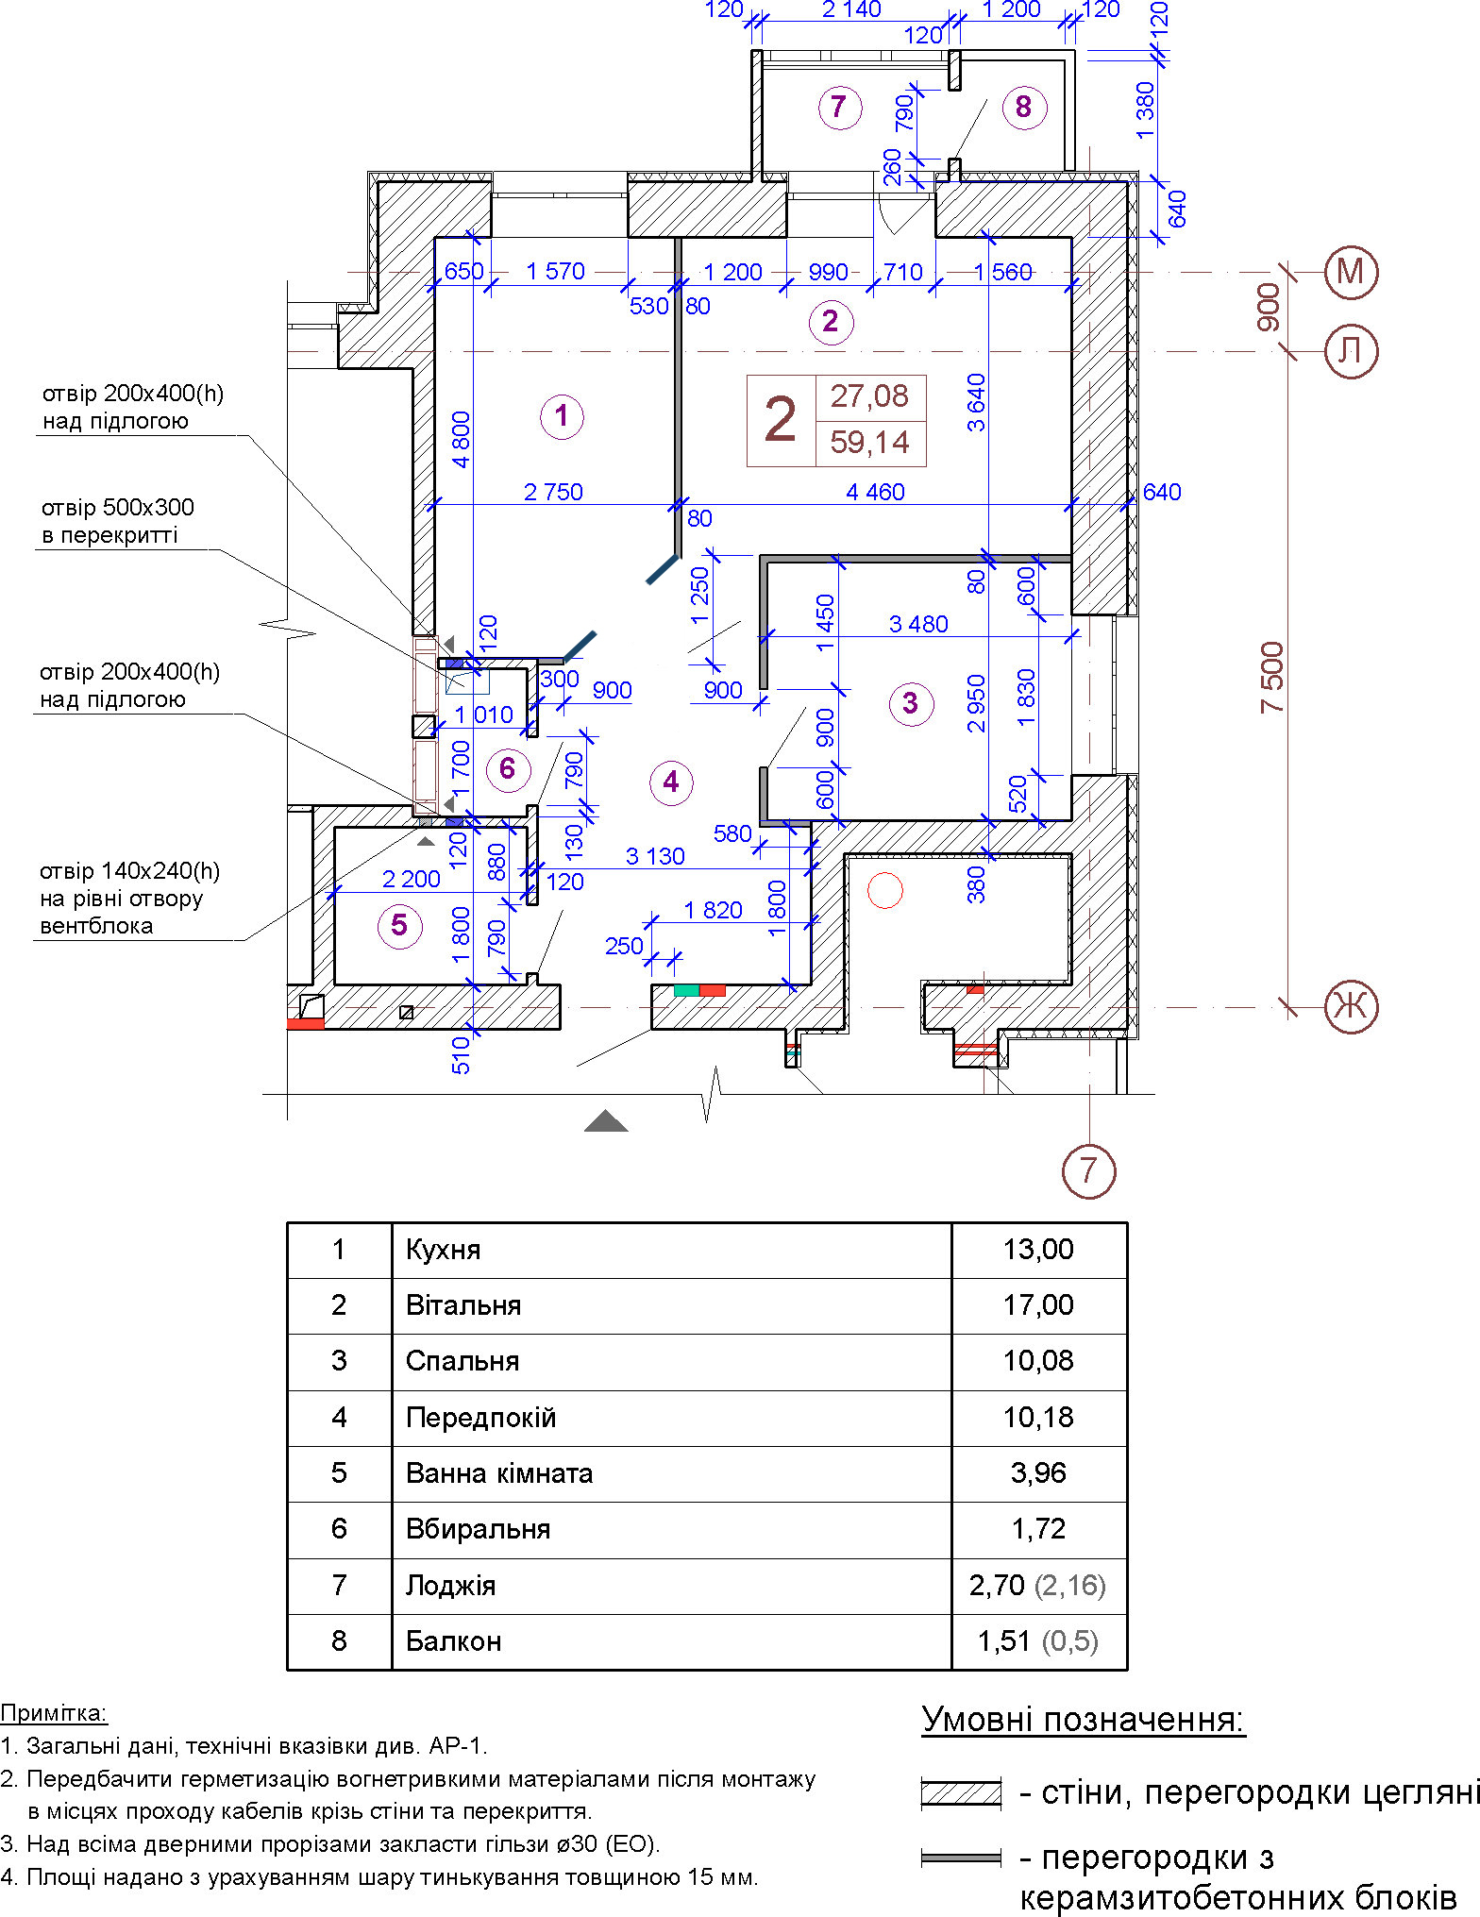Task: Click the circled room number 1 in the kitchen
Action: [x=562, y=416]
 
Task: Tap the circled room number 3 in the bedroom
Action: [x=911, y=703]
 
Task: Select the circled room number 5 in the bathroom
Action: [x=399, y=925]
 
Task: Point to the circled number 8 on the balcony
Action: [x=1024, y=107]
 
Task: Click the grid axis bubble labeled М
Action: [x=1351, y=273]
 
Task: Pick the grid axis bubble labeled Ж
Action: [x=1351, y=1006]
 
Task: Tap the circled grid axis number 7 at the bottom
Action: [x=1089, y=1171]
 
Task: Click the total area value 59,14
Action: [x=869, y=442]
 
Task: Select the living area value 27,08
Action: [x=869, y=396]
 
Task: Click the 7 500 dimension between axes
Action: [x=1271, y=677]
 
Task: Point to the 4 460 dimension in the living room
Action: [x=875, y=492]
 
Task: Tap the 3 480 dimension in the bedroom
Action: [x=918, y=624]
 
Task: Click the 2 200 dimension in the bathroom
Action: [x=412, y=880]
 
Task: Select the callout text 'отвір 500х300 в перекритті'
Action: [x=118, y=521]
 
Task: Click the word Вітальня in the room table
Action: [x=463, y=1305]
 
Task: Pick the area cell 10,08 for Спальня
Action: [x=1038, y=1361]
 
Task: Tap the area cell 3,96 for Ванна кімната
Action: [x=1038, y=1473]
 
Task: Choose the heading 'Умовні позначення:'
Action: [x=1084, y=1720]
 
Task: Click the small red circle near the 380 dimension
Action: [x=885, y=890]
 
